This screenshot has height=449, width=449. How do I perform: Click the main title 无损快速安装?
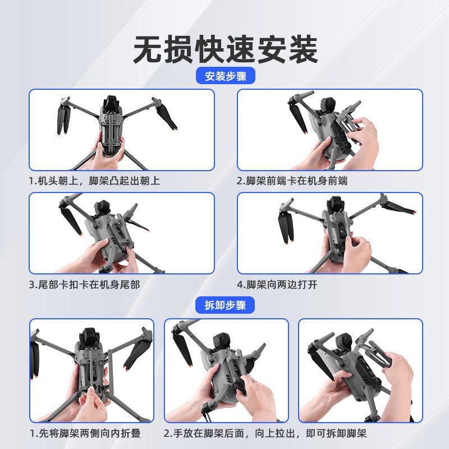point(226,49)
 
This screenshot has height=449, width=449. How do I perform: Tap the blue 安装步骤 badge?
point(226,76)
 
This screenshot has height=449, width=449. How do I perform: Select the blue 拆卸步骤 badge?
point(225,305)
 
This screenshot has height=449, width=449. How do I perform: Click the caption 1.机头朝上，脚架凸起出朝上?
point(94,181)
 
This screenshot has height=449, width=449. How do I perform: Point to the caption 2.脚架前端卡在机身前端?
point(292,181)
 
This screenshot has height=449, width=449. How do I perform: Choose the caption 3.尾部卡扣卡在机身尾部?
point(85,285)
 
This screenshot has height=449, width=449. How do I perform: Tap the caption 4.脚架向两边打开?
point(277,285)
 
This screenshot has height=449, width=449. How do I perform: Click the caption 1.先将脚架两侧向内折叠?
point(85,433)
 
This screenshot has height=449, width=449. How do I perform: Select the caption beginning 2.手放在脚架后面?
point(265,433)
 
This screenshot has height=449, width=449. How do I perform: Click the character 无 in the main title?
point(148,49)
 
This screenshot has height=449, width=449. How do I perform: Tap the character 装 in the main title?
point(303,49)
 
